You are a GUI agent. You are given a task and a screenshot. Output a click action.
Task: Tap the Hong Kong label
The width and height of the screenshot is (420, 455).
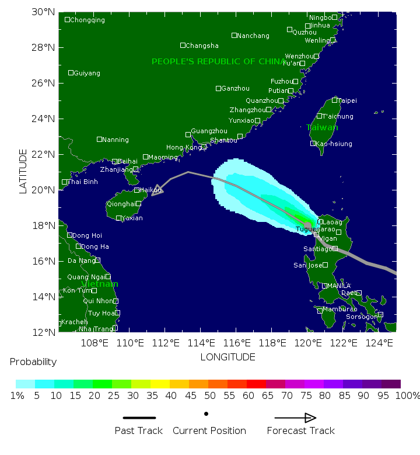[183, 148]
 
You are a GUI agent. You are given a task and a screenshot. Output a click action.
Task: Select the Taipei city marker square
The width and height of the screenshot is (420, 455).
[335, 100]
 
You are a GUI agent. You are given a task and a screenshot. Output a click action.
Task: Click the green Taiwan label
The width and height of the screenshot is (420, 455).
[322, 127]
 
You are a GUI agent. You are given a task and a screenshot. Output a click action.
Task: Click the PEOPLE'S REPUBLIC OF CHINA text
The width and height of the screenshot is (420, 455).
[219, 61]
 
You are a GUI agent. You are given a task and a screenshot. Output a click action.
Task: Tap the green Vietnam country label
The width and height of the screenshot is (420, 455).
[100, 284]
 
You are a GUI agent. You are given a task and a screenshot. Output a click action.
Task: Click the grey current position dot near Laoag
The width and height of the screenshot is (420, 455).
[308, 225]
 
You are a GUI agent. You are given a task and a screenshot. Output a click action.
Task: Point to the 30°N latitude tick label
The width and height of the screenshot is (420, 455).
[43, 12]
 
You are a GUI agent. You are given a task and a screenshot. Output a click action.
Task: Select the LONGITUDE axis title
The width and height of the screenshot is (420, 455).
[228, 356]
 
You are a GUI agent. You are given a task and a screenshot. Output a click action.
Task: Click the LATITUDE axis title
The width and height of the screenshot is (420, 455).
[23, 171]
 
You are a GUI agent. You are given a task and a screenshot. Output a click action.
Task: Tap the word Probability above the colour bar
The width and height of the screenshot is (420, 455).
[33, 362]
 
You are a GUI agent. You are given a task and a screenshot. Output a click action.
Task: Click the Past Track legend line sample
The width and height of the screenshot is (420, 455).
[139, 418]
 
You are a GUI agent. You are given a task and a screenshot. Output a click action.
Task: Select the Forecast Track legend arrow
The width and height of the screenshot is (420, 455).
[295, 418]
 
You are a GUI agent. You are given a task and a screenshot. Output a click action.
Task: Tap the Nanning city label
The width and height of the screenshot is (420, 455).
[116, 140]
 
